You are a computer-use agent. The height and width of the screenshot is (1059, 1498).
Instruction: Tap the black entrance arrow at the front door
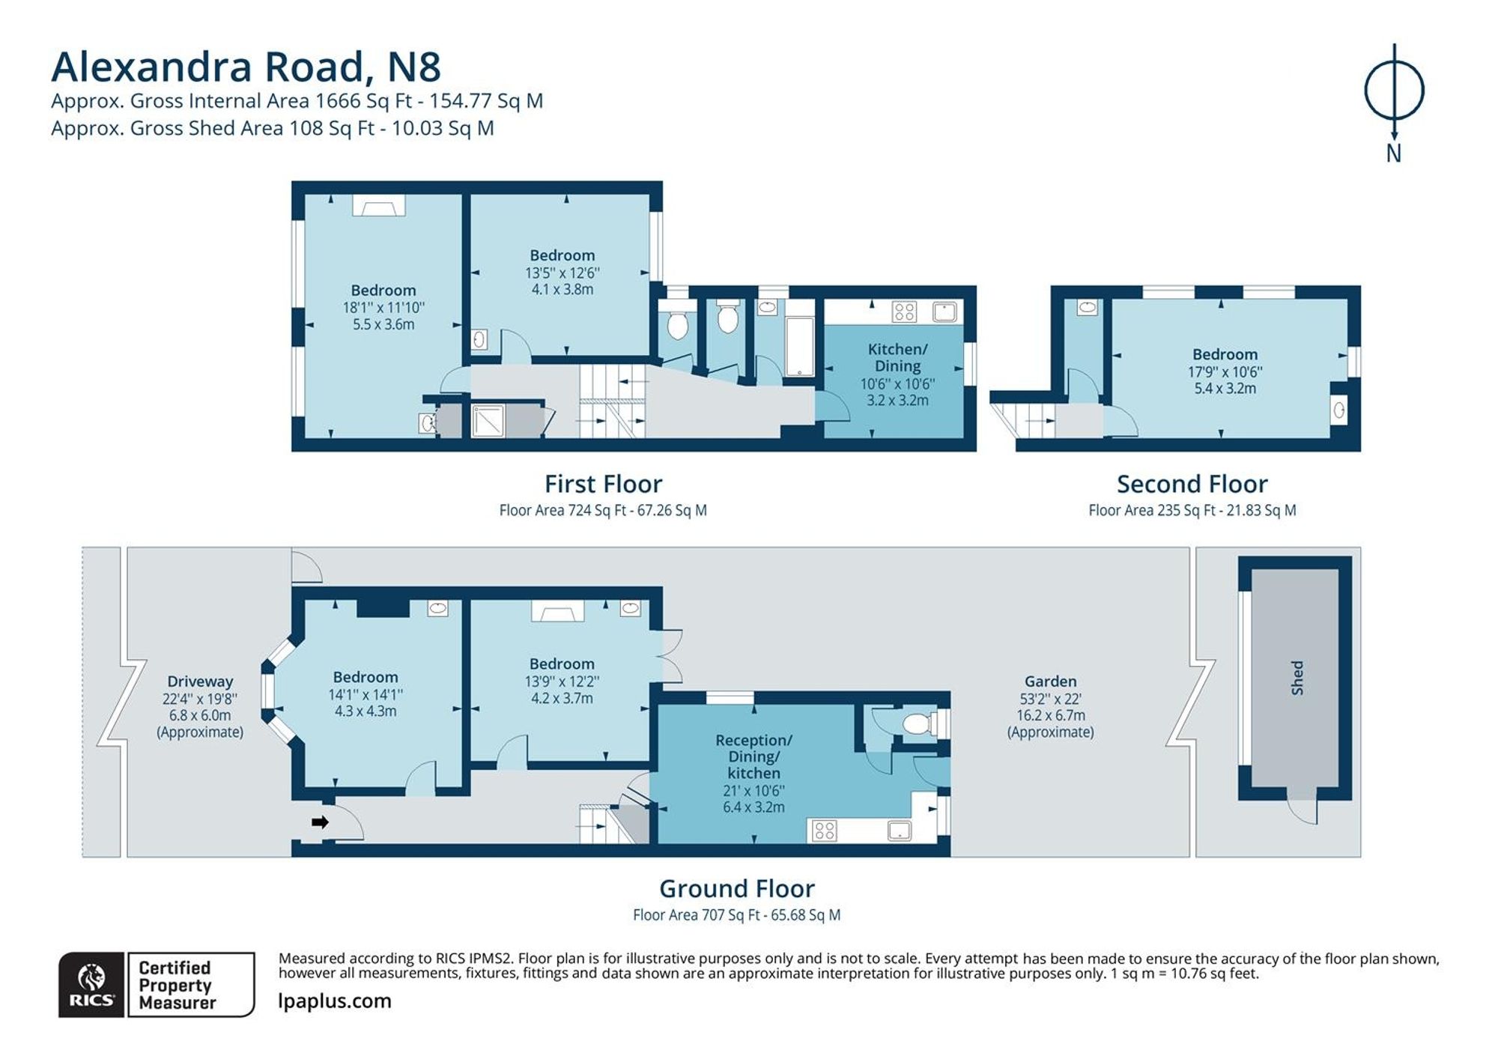(x=320, y=822)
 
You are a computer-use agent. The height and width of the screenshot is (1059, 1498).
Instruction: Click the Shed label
(x=1297, y=678)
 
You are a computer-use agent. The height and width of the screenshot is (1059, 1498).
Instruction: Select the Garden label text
(x=1050, y=682)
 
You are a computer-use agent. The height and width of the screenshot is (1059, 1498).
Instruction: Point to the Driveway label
(x=200, y=682)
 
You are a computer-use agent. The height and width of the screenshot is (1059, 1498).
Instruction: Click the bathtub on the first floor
(x=800, y=346)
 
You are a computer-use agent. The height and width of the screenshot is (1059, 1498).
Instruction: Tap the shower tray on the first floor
(x=488, y=422)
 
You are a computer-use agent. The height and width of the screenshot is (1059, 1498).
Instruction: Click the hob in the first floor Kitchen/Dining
(x=905, y=312)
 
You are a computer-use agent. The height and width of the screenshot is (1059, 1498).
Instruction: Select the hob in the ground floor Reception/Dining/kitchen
(x=825, y=831)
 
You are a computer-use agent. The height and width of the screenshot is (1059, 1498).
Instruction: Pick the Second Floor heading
(x=1192, y=484)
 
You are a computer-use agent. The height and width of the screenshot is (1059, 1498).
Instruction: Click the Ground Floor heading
(x=737, y=889)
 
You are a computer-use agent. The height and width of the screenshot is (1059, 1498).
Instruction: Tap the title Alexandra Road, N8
(x=246, y=67)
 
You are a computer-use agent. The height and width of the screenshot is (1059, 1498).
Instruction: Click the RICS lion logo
(x=91, y=984)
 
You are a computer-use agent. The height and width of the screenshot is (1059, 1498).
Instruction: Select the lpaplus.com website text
(x=335, y=1001)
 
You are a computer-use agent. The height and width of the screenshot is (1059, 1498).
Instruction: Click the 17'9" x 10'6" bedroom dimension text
(x=1225, y=371)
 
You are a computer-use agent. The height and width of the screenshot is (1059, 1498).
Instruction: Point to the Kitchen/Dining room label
(x=897, y=357)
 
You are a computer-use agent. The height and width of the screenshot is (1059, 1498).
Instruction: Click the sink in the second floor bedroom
(x=1339, y=410)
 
